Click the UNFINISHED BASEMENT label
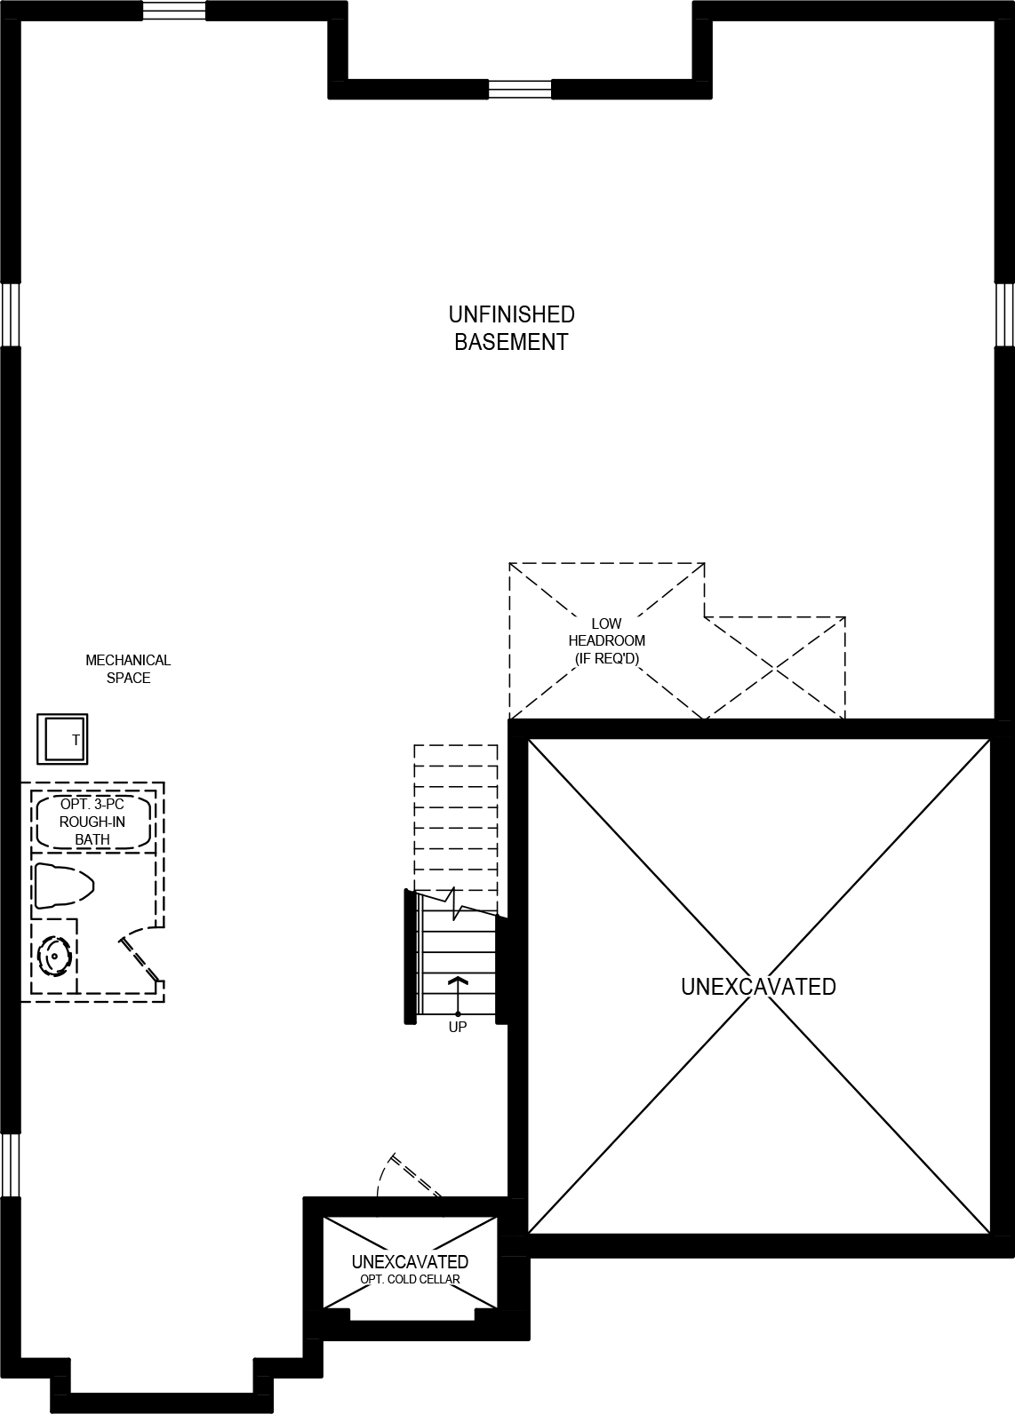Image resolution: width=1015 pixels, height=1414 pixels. click(x=511, y=328)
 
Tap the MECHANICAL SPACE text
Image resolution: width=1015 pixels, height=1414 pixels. click(x=128, y=669)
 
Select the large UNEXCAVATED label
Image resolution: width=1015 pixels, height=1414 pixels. click(x=758, y=987)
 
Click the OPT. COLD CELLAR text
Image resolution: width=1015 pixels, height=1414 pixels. click(x=410, y=1279)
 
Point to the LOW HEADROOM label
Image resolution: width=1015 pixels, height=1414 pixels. click(x=607, y=640)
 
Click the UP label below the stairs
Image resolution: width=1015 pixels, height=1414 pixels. click(x=458, y=1027)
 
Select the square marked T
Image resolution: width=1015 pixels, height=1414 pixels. click(x=62, y=738)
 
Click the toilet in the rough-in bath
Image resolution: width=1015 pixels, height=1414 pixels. click(x=62, y=886)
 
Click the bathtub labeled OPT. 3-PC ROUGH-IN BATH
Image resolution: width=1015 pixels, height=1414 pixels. click(x=92, y=822)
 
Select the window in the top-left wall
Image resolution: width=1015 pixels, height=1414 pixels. click(x=174, y=11)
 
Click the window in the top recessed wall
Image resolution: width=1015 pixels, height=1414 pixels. click(x=520, y=89)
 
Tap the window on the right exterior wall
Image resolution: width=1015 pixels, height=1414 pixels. click(x=1004, y=314)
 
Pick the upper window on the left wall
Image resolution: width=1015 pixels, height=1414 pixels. click(x=10, y=314)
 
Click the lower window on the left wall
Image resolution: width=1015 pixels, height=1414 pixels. click(x=10, y=1164)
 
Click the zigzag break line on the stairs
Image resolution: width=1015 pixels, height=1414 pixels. click(x=457, y=903)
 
